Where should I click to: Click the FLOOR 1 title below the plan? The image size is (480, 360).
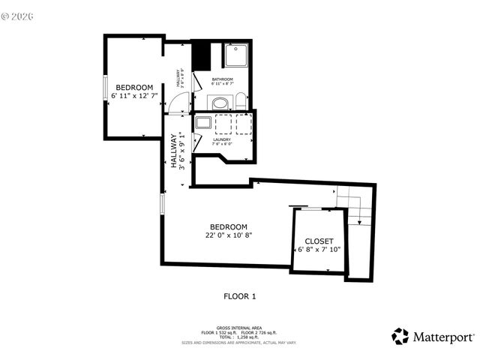click(240, 296)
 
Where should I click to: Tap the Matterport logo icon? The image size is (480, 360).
click(400, 337)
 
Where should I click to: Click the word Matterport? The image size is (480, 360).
click(443, 337)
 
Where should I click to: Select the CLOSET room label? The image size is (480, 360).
click(319, 241)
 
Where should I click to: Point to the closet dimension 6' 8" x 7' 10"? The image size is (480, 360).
click(319, 250)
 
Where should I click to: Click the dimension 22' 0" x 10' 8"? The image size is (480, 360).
click(229, 235)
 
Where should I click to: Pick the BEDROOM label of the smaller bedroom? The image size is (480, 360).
click(134, 87)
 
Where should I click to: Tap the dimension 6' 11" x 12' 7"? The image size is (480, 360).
click(134, 96)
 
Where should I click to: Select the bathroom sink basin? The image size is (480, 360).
click(220, 103)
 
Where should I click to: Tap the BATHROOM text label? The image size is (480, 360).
click(222, 79)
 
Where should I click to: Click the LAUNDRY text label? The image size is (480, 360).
click(222, 139)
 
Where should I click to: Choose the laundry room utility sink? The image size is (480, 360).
click(203, 123)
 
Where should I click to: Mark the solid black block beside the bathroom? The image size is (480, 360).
click(200, 55)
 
